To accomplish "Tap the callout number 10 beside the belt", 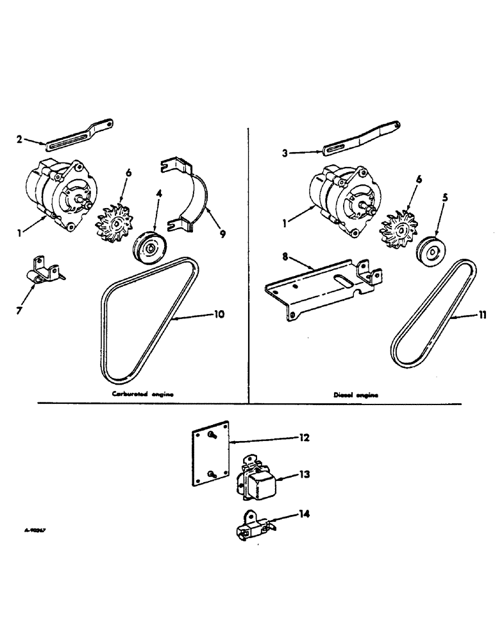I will click(x=219, y=314).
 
